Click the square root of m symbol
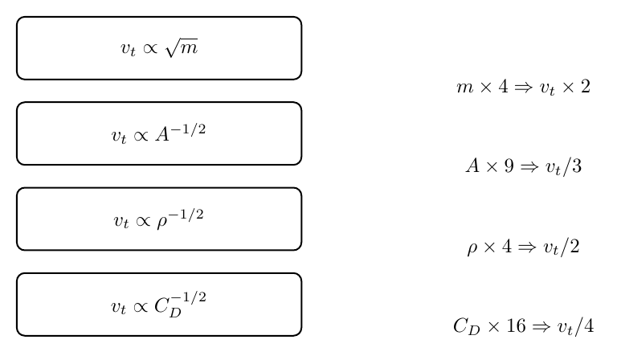pyautogui.click(x=182, y=48)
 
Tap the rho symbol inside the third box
pyautogui.click(x=161, y=222)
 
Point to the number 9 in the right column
pyautogui.click(x=509, y=166)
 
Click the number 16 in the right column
pyautogui.click(x=516, y=325)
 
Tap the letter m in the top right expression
pyautogui.click(x=464, y=88)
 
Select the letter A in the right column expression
pyautogui.click(x=473, y=166)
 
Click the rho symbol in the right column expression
pyautogui.click(x=472, y=248)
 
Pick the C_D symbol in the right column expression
pyautogui.click(x=467, y=326)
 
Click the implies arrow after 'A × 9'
pyautogui.click(x=529, y=167)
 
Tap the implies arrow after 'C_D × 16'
pyautogui.click(x=541, y=326)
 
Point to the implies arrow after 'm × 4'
pyautogui.click(x=524, y=87)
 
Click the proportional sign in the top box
pyautogui.click(x=150, y=48)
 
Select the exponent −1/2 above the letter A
pyautogui.click(x=188, y=129)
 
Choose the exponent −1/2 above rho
pyautogui.click(x=186, y=215)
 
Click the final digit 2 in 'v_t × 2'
pyautogui.click(x=586, y=86)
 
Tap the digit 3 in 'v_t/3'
pyautogui.click(x=577, y=166)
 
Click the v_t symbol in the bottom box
pyautogui.click(x=118, y=307)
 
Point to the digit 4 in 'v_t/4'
pyautogui.click(x=589, y=325)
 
